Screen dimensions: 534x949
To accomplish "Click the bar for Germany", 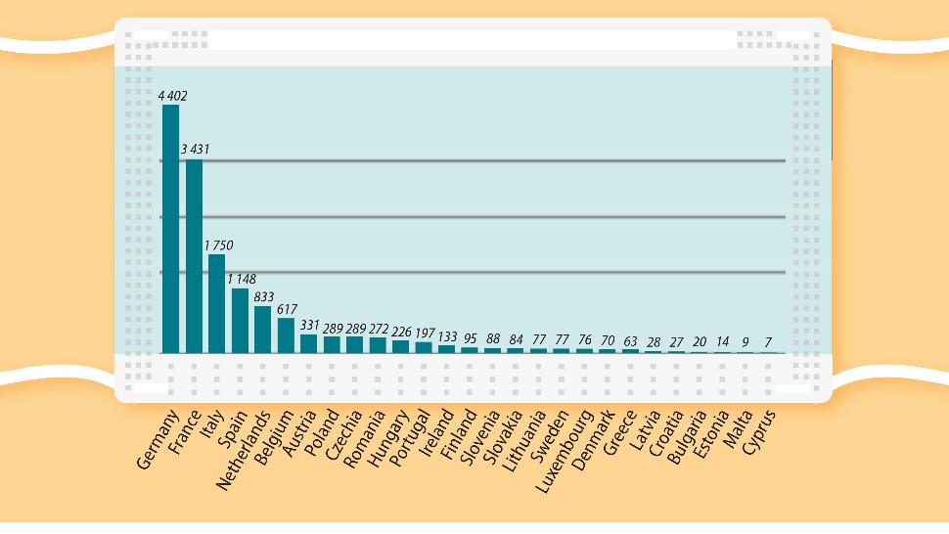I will [x=171, y=229].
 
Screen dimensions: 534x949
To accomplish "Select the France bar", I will [x=194, y=256].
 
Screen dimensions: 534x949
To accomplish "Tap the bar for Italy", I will [x=217, y=303].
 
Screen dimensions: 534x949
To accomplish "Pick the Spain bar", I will [x=240, y=320].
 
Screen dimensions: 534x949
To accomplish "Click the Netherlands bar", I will [x=262, y=329].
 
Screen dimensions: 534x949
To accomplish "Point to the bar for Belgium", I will [x=286, y=334].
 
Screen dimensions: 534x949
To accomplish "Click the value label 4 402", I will [x=173, y=96].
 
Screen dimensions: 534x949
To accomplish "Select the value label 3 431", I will [x=195, y=150].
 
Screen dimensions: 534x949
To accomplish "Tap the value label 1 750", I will [x=218, y=245].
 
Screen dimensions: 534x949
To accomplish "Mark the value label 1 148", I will [x=241, y=279].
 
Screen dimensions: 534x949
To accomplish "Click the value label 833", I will [x=264, y=296].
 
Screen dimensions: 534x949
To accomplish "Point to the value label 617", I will [x=287, y=309].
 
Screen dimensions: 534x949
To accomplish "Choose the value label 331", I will [x=309, y=325].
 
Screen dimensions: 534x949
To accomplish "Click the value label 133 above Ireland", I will [x=447, y=336].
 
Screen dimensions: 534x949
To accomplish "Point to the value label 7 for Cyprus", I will [x=769, y=343].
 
